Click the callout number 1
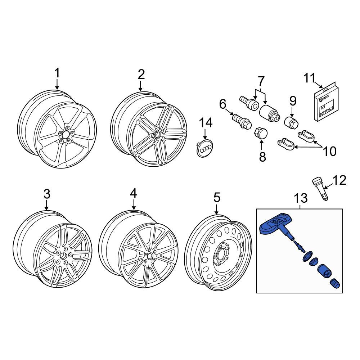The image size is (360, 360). click(x=57, y=73)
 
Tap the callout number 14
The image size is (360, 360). click(x=206, y=123)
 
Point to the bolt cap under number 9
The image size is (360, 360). click(x=291, y=123)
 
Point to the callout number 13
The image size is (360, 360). click(x=301, y=198)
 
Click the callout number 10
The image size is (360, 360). click(x=330, y=151)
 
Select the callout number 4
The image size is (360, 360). click(x=134, y=193)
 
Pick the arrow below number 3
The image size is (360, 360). click(x=46, y=205)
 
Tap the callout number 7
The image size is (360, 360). click(x=261, y=81)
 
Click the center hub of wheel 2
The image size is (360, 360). click(x=158, y=135)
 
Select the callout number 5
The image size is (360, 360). click(x=217, y=197)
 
